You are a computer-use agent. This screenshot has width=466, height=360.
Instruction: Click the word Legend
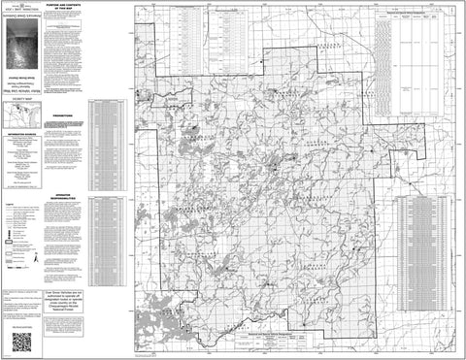[x=11, y=208]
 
